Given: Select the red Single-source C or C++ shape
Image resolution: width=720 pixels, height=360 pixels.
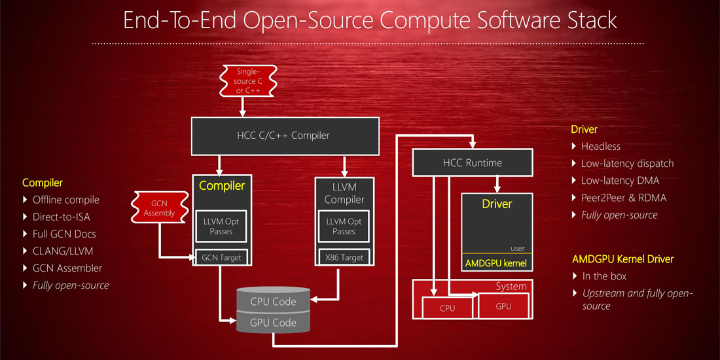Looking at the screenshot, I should click(x=247, y=81).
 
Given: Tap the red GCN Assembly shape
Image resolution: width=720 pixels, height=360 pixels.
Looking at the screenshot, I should click(x=159, y=208).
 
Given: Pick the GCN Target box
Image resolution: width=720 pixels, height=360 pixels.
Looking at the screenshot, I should click(x=221, y=257).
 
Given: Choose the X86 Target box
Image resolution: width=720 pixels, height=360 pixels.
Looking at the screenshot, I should click(x=344, y=257).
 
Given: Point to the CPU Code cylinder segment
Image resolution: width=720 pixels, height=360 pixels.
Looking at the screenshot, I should click(x=273, y=302).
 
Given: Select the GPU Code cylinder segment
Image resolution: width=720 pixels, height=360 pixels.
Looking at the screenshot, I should click(x=273, y=322).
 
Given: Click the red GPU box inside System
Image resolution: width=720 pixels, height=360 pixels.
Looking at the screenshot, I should click(x=503, y=306).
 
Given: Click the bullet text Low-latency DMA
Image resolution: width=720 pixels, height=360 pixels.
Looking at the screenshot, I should click(x=620, y=181).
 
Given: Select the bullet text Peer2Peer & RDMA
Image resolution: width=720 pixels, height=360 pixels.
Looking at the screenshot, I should click(x=623, y=198).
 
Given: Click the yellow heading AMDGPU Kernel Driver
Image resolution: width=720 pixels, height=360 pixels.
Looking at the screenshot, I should click(x=622, y=259).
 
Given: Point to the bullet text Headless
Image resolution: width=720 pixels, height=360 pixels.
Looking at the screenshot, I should click(x=600, y=147).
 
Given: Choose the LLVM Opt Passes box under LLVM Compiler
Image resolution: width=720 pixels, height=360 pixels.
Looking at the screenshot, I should click(x=344, y=226).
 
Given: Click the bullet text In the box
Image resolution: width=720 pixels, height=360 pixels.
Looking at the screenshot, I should click(x=604, y=276).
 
